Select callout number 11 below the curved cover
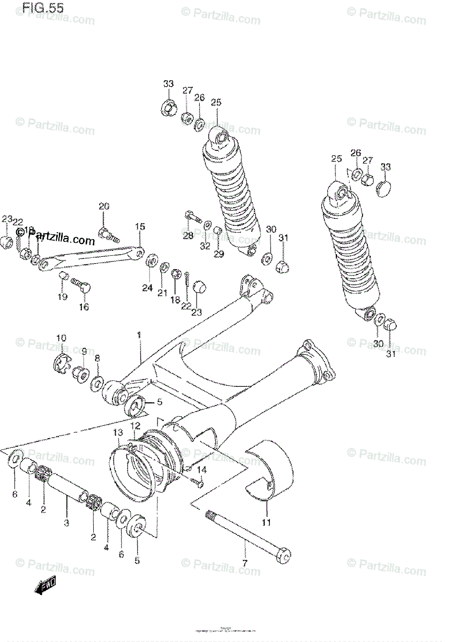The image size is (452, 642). point(266,522)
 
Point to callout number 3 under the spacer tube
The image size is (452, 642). point(66,523)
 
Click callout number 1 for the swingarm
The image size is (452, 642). point(138,335)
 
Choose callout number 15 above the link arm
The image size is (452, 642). point(139,227)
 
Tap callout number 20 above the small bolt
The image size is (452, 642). point(104,207)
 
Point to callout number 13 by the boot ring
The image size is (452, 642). point(118,432)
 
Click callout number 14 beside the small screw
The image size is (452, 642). point(201,470)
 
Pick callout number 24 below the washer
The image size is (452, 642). point(147,288)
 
